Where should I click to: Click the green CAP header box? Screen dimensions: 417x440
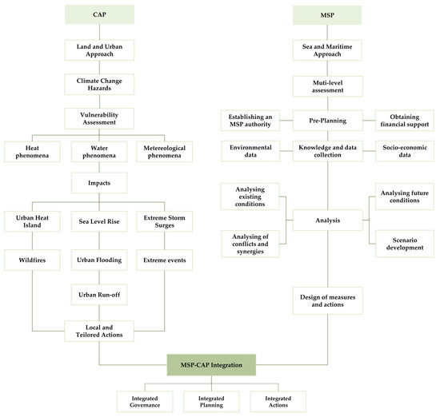click(98, 15)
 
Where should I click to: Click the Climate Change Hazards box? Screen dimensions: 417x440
click(98, 83)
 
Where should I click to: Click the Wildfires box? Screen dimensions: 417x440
click(31, 257)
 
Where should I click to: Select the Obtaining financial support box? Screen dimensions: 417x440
click(405, 120)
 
